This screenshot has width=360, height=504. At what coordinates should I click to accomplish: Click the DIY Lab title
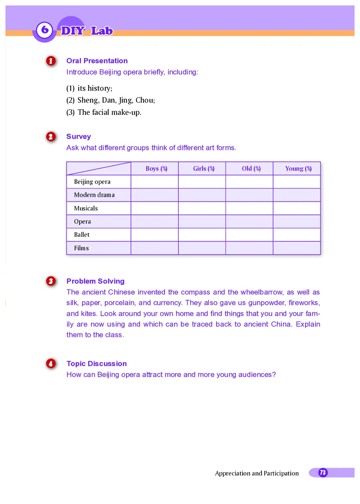(x=86, y=31)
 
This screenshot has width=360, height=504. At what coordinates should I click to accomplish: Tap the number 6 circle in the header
(x=45, y=30)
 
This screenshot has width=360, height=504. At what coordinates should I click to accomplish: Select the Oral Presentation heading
(x=97, y=61)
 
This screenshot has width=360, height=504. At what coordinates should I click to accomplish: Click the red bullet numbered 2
(x=51, y=136)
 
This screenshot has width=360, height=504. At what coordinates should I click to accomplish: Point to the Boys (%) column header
(x=156, y=168)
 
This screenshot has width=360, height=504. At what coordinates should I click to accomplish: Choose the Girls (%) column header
(x=203, y=168)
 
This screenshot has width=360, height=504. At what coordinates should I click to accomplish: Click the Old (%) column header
(x=251, y=168)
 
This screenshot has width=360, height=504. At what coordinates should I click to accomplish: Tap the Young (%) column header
(x=298, y=168)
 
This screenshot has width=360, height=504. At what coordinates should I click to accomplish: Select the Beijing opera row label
(x=92, y=182)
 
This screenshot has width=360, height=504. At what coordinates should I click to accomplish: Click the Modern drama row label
(x=94, y=195)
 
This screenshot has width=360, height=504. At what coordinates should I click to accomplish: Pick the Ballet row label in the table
(x=82, y=234)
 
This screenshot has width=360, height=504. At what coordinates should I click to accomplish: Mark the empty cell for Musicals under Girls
(x=202, y=208)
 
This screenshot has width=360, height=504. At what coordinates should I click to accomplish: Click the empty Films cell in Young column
(x=297, y=248)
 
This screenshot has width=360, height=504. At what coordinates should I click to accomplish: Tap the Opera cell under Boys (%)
(x=154, y=221)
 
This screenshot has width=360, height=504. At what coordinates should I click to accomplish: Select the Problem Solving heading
(x=95, y=281)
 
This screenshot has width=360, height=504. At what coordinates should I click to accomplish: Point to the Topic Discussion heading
(x=96, y=364)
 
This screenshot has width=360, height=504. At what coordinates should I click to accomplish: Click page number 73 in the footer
(x=323, y=472)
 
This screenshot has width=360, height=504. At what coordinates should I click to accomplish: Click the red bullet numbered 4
(x=51, y=364)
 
